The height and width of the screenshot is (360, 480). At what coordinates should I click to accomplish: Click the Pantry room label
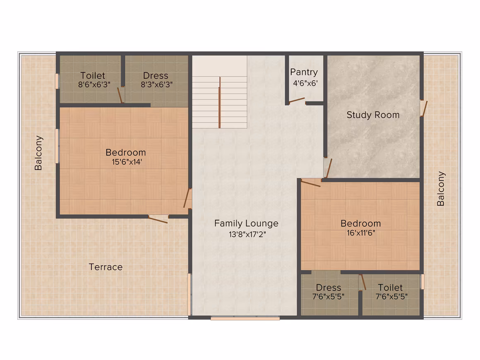[304, 72]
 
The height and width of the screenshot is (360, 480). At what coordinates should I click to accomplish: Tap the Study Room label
[373, 115]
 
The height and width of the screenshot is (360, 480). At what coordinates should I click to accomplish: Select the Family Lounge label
[247, 223]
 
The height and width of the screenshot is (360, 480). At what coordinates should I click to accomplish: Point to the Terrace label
[106, 267]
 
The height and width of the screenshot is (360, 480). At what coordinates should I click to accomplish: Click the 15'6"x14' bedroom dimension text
[127, 162]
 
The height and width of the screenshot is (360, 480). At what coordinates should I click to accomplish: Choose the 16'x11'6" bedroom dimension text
[361, 233]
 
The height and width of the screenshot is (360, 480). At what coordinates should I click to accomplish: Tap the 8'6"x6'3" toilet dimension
[94, 84]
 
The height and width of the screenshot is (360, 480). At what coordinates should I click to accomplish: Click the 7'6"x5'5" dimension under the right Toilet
[391, 296]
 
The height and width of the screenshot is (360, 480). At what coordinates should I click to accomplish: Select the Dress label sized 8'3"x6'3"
[156, 76]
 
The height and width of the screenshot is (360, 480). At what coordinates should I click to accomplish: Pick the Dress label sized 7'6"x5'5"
[329, 288]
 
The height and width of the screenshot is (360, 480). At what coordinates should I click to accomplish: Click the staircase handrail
[219, 102]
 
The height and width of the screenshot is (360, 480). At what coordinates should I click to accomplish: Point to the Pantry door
[297, 100]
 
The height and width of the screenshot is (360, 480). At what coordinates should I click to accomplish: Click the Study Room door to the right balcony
[424, 109]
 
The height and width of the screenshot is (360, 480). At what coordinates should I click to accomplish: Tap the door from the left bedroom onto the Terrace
[158, 219]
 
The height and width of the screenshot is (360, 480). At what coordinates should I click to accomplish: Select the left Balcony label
[38, 153]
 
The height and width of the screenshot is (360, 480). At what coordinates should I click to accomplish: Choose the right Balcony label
[441, 189]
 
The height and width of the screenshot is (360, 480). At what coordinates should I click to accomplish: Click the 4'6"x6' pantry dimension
[305, 83]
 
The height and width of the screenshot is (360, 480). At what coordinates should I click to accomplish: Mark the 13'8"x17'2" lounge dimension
[247, 235]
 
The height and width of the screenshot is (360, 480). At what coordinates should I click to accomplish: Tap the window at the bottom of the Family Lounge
[245, 318]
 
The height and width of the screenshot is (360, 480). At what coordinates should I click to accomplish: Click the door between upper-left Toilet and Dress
[120, 96]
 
